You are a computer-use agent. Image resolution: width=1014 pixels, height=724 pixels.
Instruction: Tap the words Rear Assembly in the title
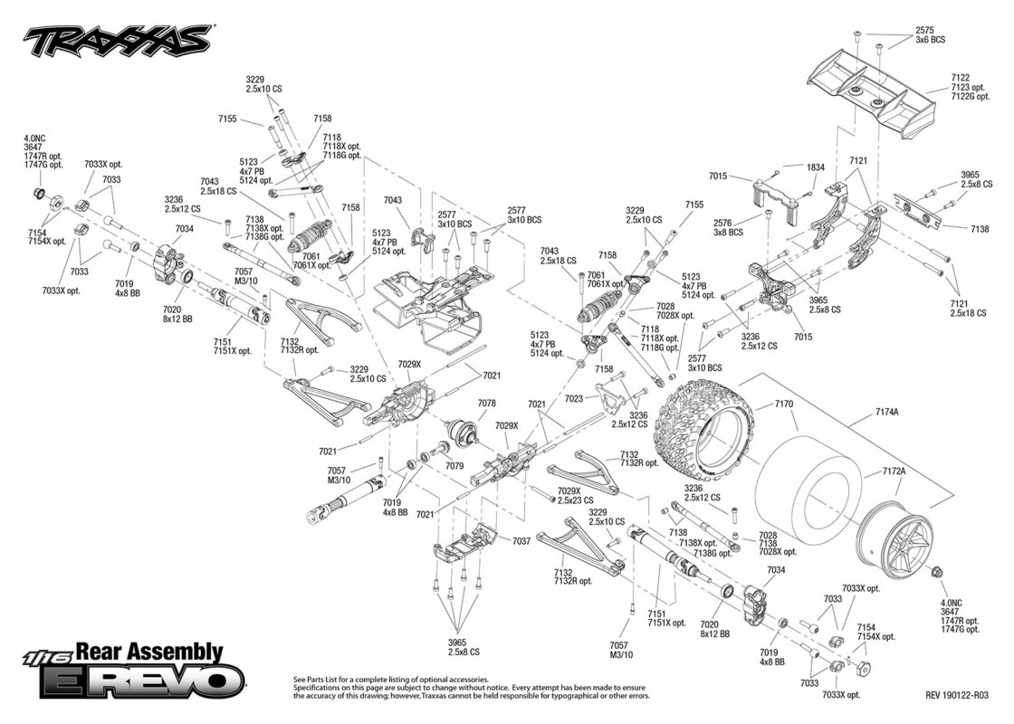tap(149, 652)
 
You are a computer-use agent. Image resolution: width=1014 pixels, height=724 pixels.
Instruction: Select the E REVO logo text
tap(142, 680)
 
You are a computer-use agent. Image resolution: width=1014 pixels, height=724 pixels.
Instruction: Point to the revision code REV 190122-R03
tap(956, 696)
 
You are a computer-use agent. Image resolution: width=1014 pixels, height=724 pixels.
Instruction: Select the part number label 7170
tap(783, 405)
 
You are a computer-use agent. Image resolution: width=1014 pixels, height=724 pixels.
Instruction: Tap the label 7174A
tap(886, 412)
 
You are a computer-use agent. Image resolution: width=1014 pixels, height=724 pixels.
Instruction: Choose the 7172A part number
tap(894, 472)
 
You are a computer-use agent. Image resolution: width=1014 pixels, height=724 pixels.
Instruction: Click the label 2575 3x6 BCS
tap(930, 35)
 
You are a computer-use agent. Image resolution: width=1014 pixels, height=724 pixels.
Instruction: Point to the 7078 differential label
tap(487, 404)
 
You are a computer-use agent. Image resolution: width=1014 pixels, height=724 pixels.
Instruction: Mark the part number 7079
tap(454, 465)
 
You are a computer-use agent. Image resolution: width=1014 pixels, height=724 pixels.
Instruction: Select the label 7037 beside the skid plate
tap(521, 540)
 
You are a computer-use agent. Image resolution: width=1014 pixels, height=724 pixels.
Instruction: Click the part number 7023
tap(574, 399)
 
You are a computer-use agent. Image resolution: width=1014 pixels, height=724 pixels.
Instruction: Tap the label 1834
tap(816, 167)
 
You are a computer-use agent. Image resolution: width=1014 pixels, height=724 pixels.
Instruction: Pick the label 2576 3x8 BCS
tap(728, 227)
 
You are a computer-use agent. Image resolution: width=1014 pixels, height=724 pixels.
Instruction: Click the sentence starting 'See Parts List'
tap(391, 680)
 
